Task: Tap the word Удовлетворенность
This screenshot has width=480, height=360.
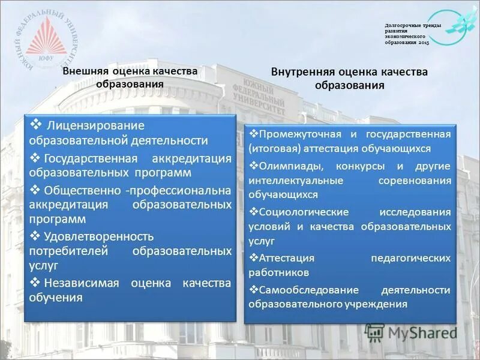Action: [99, 236]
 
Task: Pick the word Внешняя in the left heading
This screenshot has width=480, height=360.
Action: [85, 71]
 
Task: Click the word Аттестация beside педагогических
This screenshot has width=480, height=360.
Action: [287, 258]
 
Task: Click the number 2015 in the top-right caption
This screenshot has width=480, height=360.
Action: [424, 44]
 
